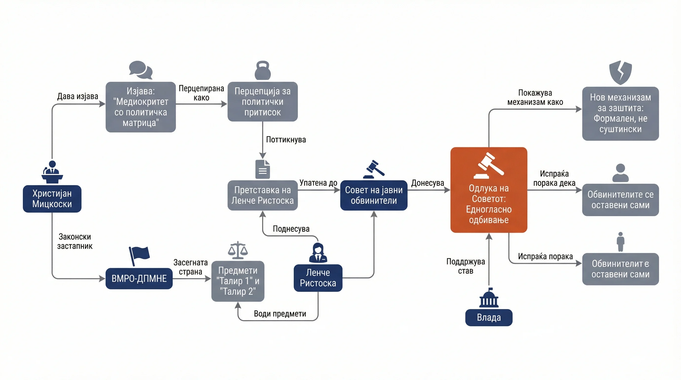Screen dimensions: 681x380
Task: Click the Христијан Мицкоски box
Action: point(52,199)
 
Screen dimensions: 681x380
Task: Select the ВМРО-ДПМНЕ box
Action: point(139,279)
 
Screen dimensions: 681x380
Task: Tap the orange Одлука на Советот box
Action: point(489,190)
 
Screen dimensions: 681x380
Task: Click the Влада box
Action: point(489,317)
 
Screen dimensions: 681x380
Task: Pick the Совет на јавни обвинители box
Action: point(374,195)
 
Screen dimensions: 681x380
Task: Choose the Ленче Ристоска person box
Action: point(318,278)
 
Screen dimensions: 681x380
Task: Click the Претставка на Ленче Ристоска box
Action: point(263,195)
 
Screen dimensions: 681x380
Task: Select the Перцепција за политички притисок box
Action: point(263,102)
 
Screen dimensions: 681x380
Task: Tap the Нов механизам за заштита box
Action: point(620,114)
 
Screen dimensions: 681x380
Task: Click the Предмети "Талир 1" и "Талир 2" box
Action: point(238,281)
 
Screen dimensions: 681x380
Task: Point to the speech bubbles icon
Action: point(141,70)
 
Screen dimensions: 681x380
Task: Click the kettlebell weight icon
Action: point(263,70)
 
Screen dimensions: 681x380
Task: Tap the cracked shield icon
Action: point(620,72)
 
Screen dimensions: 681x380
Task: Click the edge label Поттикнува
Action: point(286,140)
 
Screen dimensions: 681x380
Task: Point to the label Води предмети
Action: point(280,314)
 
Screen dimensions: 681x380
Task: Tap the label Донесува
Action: point(427,183)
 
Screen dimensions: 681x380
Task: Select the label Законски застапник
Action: point(75,241)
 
